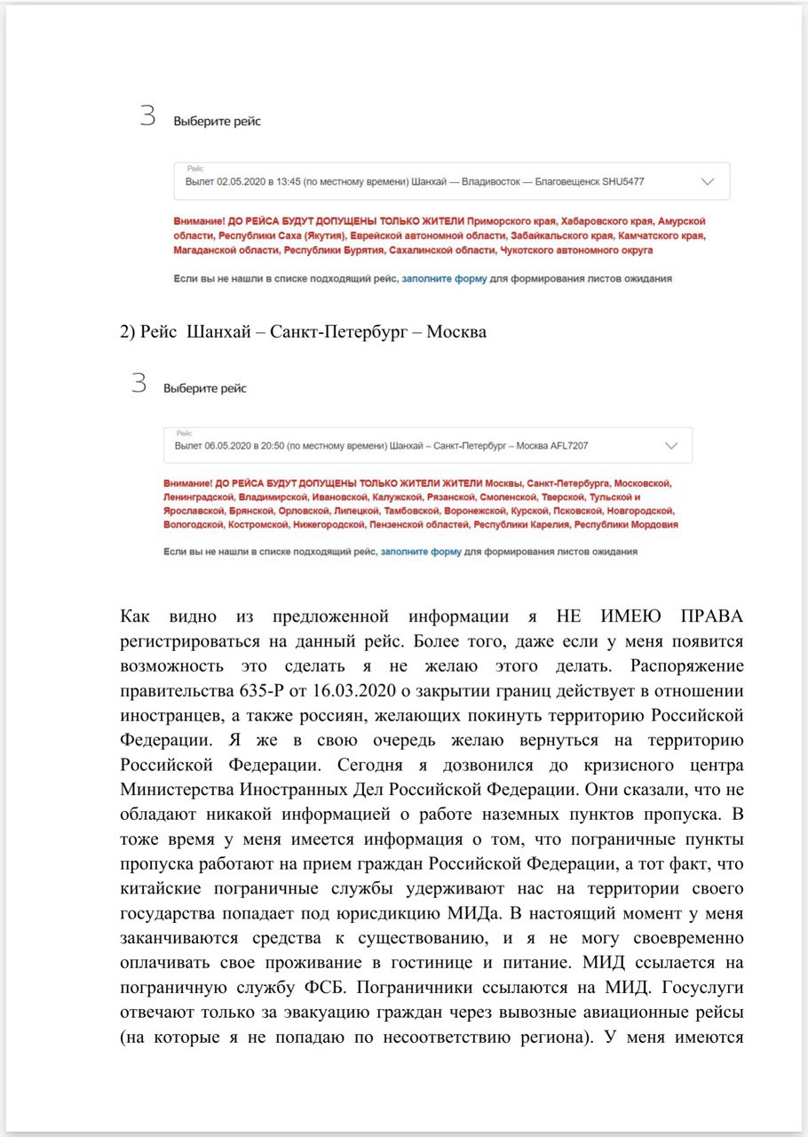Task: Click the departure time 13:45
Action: click(287, 182)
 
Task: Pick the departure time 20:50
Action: click(276, 446)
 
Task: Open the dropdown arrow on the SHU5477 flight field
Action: click(707, 181)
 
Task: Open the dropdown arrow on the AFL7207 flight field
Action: click(670, 445)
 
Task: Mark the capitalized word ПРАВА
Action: click(705, 616)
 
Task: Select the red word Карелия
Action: click(543, 525)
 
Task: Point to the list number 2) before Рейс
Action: click(128, 333)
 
